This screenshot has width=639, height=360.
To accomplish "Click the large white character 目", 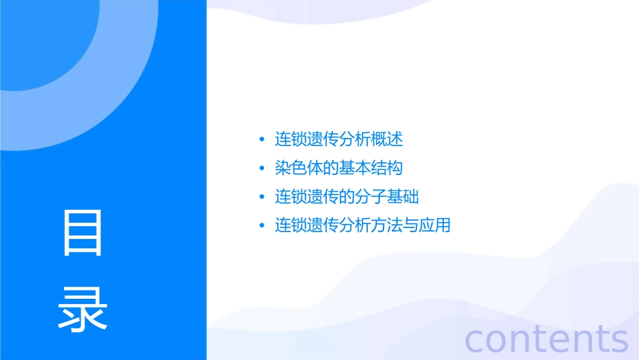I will [83, 233].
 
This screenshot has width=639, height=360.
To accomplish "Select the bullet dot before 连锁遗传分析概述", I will [262, 140].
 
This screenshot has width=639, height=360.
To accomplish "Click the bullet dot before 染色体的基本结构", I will [262, 168].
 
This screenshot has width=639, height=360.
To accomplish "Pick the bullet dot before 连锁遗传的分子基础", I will [262, 197].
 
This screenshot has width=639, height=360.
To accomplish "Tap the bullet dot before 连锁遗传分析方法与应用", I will [262, 225].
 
